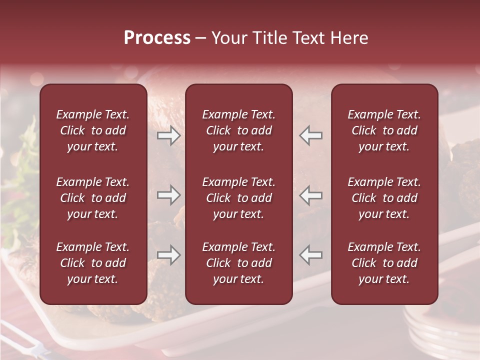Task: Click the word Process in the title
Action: (157, 38)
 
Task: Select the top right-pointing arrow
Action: (168, 135)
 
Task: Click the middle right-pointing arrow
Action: (168, 195)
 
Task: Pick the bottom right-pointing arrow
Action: (168, 255)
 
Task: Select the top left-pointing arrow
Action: (310, 135)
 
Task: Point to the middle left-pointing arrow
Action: (310, 195)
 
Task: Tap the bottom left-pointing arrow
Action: (310, 255)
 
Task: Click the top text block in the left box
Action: (93, 130)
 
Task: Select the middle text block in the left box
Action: (93, 198)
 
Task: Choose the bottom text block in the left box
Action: (93, 263)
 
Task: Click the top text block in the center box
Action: (239, 130)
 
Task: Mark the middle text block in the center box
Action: (239, 198)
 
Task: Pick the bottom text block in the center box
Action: (239, 263)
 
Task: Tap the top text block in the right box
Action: (384, 130)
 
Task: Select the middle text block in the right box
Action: (384, 198)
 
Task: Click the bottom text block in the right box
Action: (384, 263)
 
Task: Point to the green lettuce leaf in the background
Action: (20, 190)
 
